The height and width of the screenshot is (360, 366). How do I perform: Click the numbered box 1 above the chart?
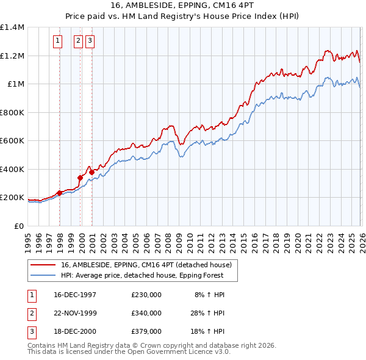pyautogui.click(x=57, y=41)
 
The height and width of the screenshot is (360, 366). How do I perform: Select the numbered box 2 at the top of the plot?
pyautogui.click(x=79, y=41)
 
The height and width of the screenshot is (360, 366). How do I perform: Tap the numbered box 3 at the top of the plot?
pyautogui.click(x=90, y=41)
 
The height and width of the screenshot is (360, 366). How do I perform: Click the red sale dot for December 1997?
pyautogui.click(x=60, y=193)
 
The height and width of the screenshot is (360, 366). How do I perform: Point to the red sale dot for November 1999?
pyautogui.click(x=80, y=178)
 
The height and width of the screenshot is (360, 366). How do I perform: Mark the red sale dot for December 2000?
pyautogui.click(x=91, y=172)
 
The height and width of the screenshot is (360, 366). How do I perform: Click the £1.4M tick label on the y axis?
pyautogui.click(x=12, y=27)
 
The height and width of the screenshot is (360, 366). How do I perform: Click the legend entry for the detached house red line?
pyautogui.click(x=146, y=265)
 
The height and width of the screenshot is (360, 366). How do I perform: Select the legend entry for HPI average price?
pyautogui.click(x=142, y=275)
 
